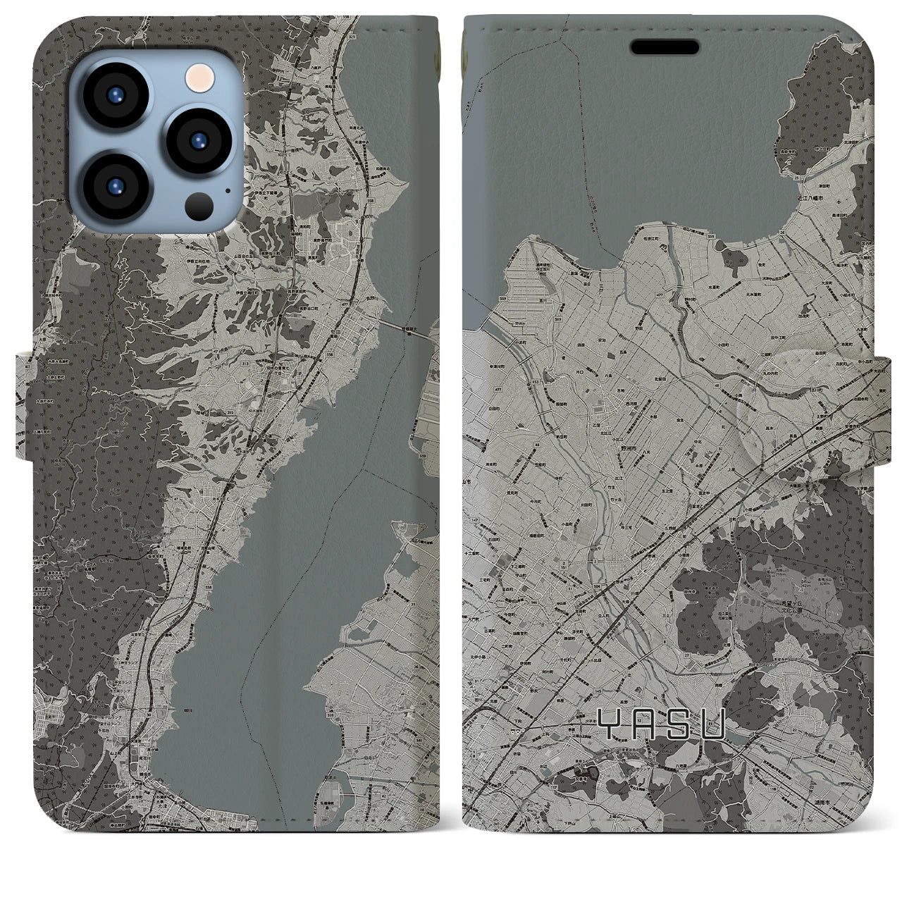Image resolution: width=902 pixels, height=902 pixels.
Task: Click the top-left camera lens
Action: (115, 99)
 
